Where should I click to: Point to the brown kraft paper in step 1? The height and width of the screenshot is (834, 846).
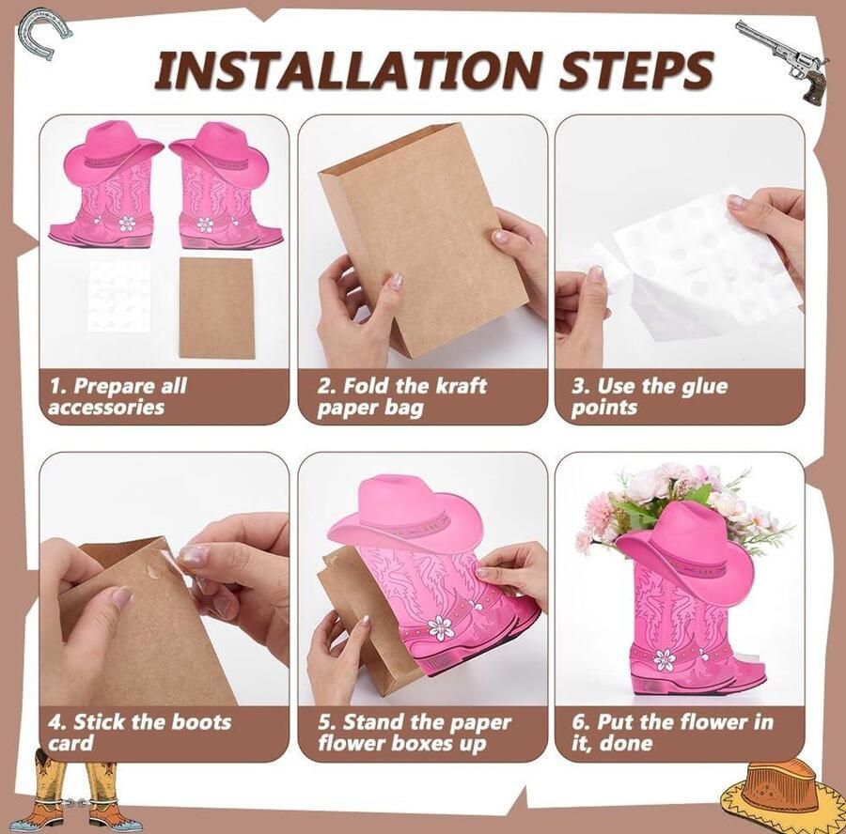click(x=216, y=307)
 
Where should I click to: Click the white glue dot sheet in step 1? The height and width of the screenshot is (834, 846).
click(x=118, y=296)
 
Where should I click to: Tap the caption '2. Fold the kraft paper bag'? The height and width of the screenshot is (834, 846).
click(x=401, y=396)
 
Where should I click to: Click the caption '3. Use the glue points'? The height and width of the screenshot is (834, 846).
click(x=649, y=396)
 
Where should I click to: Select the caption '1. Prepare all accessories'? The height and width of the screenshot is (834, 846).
click(x=117, y=396)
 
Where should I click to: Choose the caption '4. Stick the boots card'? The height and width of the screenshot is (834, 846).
click(x=139, y=733)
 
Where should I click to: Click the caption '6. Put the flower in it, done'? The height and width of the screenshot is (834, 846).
click(x=672, y=733)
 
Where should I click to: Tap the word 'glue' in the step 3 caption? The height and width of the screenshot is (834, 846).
click(x=704, y=387)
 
